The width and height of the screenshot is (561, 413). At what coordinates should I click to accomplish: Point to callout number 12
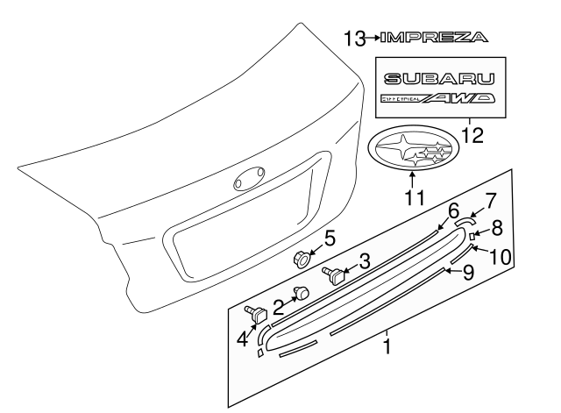(472, 135)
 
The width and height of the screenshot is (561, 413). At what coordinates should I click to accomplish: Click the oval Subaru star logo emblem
(412, 155)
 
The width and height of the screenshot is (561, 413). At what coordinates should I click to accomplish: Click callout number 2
(280, 306)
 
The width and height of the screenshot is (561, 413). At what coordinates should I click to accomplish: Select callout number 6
(453, 210)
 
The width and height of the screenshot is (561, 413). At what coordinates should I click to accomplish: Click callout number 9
(468, 272)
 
